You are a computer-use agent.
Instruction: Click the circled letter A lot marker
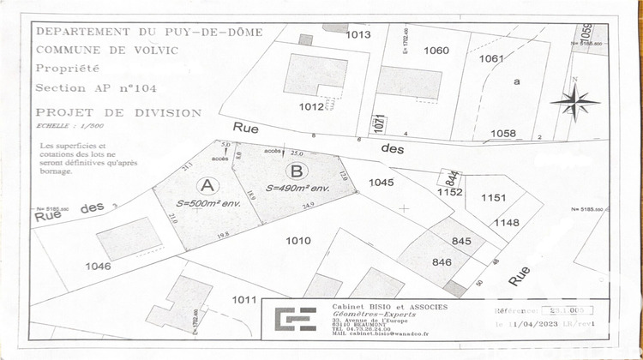pos(207,184)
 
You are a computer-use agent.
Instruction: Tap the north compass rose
pos(575,103)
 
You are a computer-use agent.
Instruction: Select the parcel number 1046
pos(99,267)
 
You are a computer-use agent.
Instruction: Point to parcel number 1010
pos(297,241)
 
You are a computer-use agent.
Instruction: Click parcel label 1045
pos(381,182)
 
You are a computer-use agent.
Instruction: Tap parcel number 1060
pos(436,51)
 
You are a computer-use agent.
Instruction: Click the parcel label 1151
pos(494,197)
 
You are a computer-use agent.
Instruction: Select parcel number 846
pos(442,262)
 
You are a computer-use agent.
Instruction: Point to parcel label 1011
pos(244,299)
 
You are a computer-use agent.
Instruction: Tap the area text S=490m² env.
pos(297,188)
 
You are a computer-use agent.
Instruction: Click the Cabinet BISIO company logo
pos(295,319)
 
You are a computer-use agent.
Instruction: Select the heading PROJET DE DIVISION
pos(118,112)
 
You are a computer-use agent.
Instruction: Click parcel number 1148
pos(507,222)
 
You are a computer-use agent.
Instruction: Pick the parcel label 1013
pos(358,35)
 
